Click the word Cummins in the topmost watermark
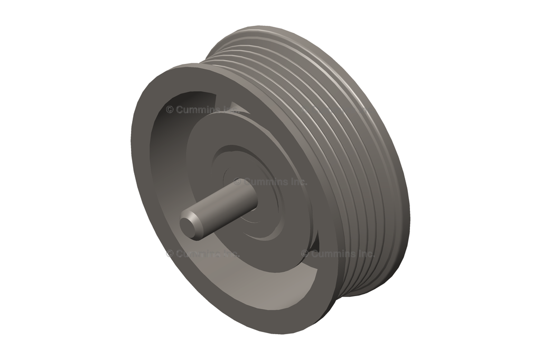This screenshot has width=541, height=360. click(x=198, y=110)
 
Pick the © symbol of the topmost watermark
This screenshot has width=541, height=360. click(x=170, y=110)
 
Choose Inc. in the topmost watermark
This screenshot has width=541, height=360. click(x=231, y=110)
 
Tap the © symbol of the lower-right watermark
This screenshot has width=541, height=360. click(x=305, y=253)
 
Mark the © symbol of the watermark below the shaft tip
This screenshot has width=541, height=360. click(x=170, y=254)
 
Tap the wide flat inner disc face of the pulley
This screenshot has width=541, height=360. click(x=296, y=158)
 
